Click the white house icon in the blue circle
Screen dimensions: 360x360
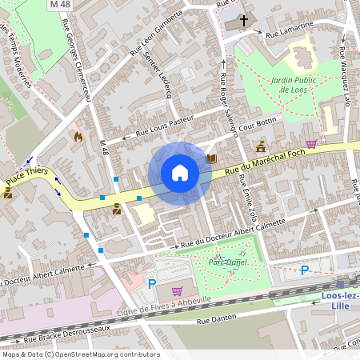click(180, 173)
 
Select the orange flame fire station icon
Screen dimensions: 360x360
click(78, 137)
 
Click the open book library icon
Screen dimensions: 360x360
click(211, 158)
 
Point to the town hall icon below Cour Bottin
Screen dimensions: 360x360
click(261, 146)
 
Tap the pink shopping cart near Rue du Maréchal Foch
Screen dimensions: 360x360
click(311, 144)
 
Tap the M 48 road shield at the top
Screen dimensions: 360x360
click(60, 5)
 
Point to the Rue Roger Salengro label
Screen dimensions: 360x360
click(229, 99)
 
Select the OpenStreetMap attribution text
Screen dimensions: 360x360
click(80, 354)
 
